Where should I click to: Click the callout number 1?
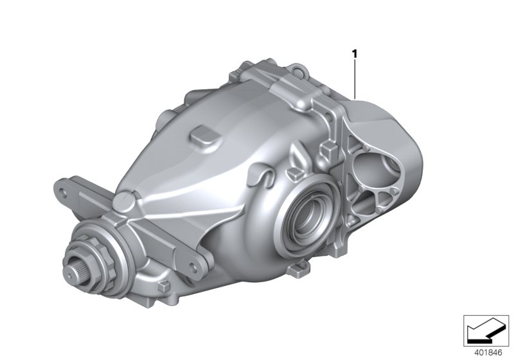coord(353,55)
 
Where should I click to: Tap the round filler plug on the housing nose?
coord(122,202)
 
